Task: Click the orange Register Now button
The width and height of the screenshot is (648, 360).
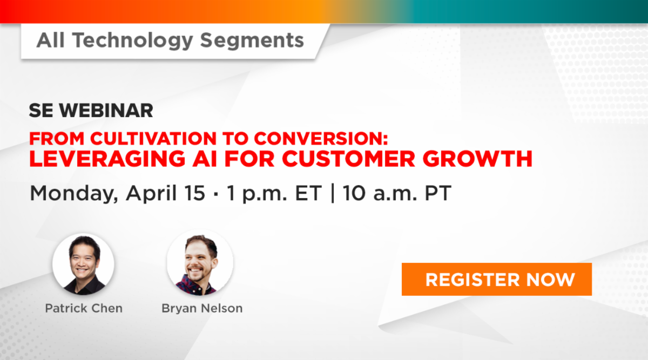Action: [497, 279]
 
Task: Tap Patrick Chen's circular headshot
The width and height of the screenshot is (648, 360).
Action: [83, 264]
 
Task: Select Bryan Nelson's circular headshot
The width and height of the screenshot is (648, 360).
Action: [200, 262]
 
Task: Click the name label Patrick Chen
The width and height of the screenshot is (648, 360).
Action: [84, 308]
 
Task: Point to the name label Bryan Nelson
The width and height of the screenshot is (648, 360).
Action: [202, 308]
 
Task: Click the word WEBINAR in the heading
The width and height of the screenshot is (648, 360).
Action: [106, 111]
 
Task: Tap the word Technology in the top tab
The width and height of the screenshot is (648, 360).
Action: [133, 40]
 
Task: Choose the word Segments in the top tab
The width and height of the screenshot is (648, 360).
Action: [252, 40]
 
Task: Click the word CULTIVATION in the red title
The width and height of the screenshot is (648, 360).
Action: [153, 138]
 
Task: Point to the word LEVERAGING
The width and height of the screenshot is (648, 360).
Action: [107, 159]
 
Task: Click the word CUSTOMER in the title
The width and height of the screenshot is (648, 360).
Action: [349, 159]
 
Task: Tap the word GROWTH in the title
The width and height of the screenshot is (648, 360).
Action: [477, 159]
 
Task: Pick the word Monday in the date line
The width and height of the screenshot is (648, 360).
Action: [74, 193]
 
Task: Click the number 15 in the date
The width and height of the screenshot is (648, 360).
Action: [195, 193]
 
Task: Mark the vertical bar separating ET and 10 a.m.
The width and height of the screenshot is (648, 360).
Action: [333, 193]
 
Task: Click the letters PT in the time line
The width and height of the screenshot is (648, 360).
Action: [438, 193]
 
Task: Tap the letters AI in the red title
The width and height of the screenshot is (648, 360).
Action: [205, 159]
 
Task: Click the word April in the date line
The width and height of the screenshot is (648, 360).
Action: [151, 193]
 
